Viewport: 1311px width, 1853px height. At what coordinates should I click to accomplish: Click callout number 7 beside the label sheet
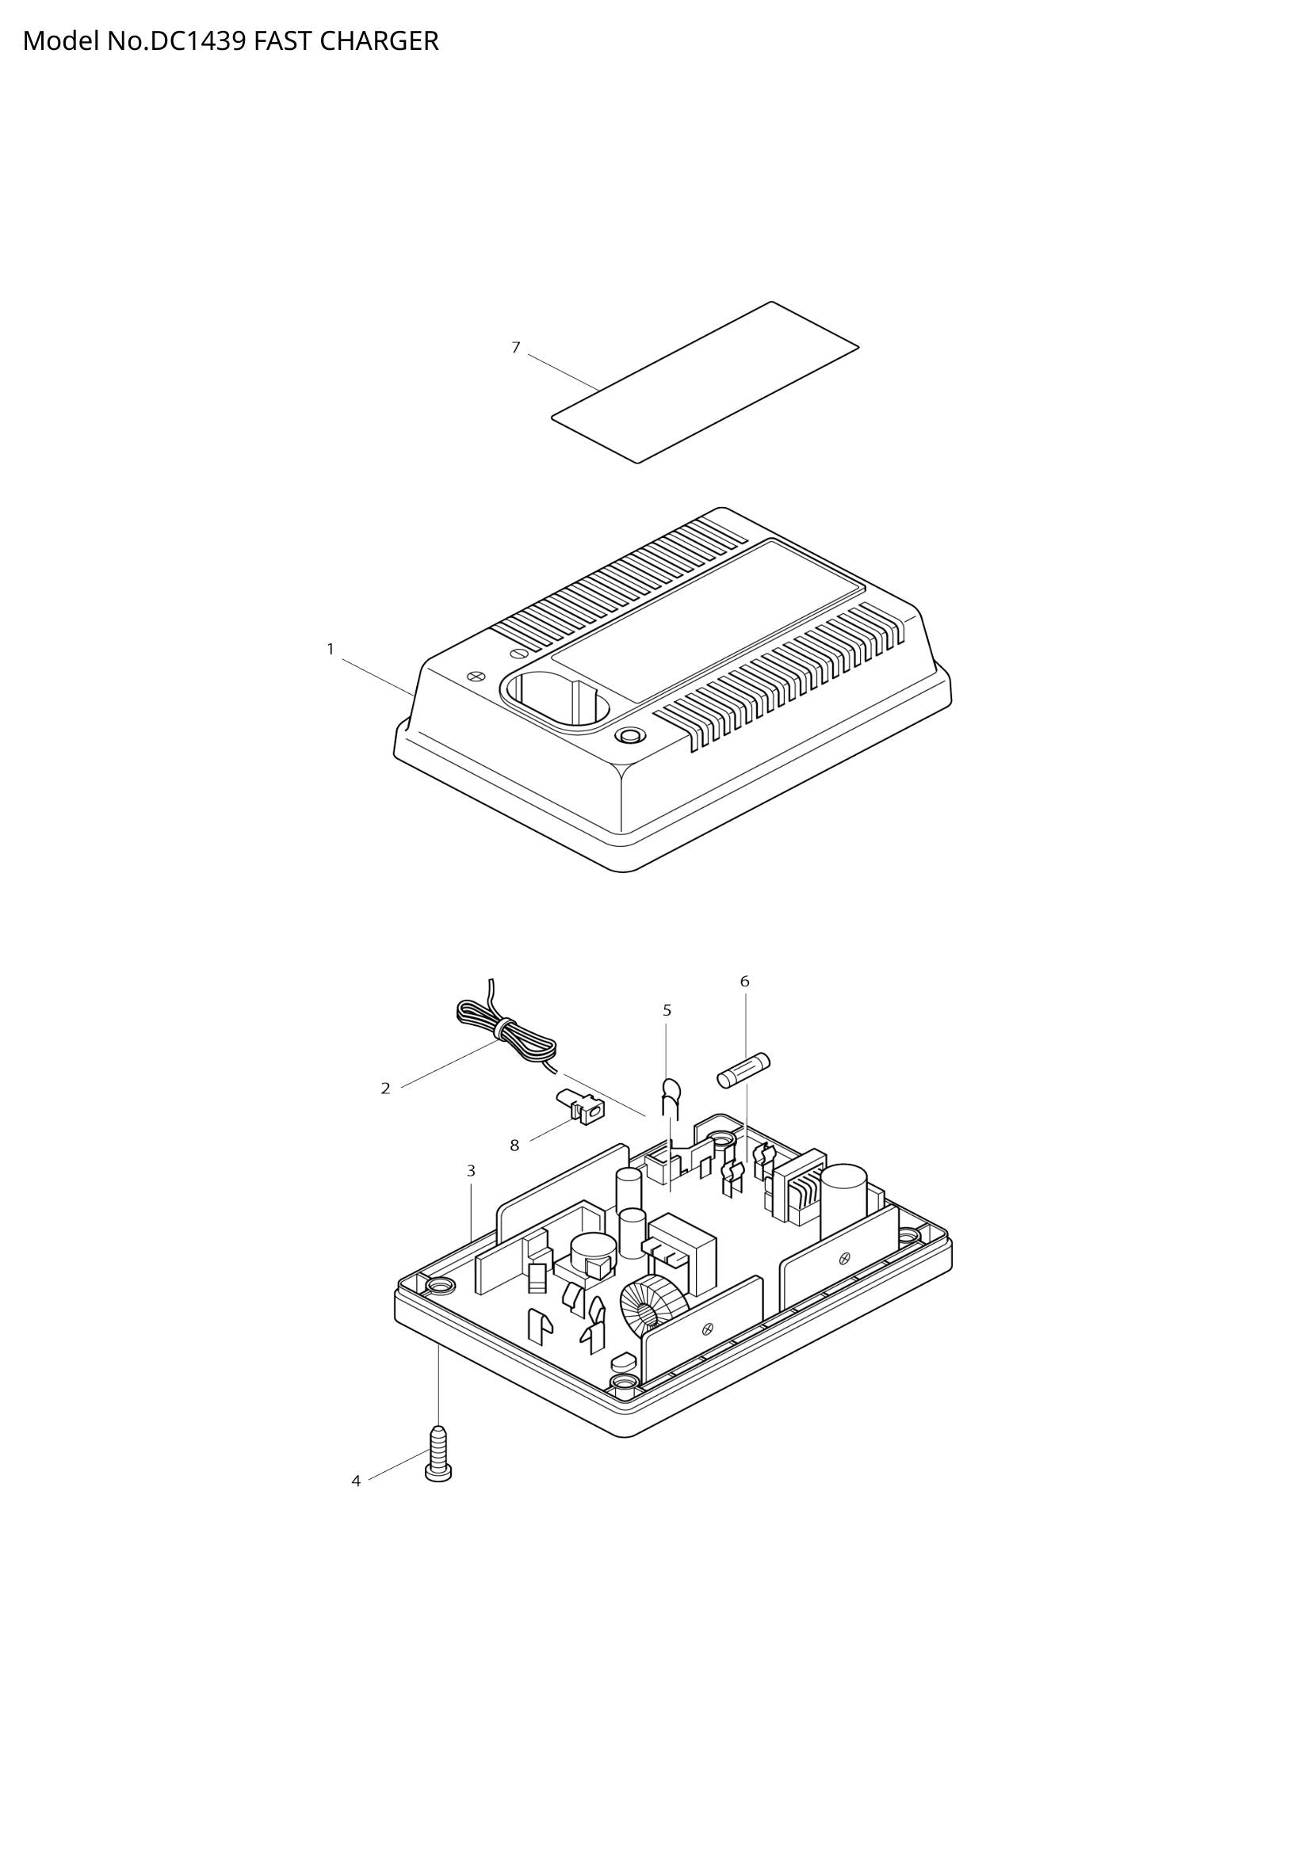click(516, 348)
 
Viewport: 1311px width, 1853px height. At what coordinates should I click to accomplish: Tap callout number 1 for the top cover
click(331, 649)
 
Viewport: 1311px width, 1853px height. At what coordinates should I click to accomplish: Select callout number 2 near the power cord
click(386, 1089)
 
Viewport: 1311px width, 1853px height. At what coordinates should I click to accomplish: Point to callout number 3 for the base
click(472, 1170)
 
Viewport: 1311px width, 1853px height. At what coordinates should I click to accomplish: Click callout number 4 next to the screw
click(356, 1481)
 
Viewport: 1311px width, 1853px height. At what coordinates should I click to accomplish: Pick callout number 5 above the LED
click(667, 1010)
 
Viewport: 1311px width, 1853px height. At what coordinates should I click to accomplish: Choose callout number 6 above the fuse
click(744, 982)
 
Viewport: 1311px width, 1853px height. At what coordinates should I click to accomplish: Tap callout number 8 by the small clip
click(514, 1146)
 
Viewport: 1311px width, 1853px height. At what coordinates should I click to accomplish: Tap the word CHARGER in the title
click(379, 40)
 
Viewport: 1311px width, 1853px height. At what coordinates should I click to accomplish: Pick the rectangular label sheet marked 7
click(705, 383)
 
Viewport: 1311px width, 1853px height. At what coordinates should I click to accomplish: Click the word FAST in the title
click(282, 40)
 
